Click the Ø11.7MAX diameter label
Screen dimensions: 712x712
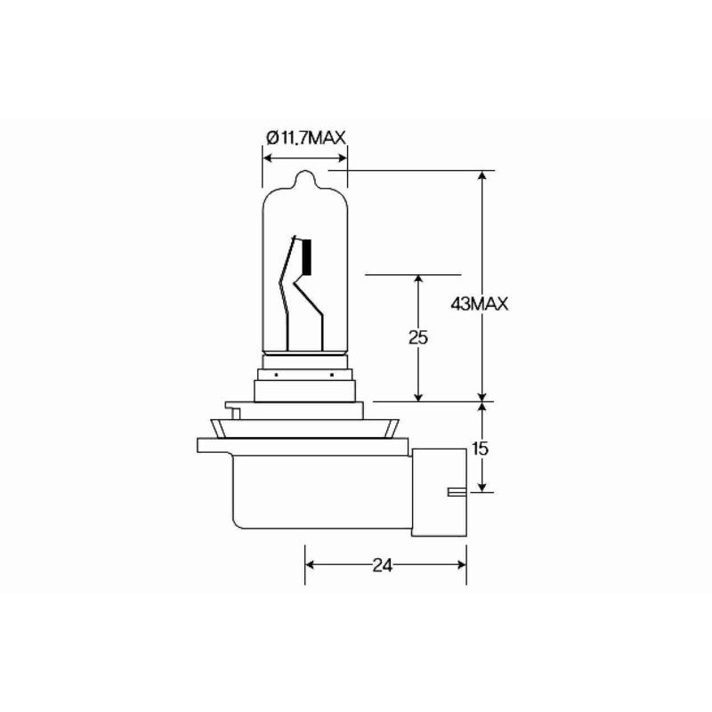[x=305, y=136]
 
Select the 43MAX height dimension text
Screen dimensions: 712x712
[x=479, y=304]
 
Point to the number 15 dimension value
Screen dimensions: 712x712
[x=481, y=449]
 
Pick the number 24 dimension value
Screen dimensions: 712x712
[x=385, y=564]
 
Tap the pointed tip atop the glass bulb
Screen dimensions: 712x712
[x=305, y=176]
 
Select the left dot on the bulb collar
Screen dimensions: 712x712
[x=278, y=375]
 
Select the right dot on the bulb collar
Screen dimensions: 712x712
[x=331, y=375]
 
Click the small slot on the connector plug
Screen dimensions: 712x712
[x=455, y=491]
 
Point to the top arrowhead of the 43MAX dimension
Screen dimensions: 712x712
[x=482, y=175]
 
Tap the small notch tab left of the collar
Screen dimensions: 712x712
[x=235, y=410]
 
